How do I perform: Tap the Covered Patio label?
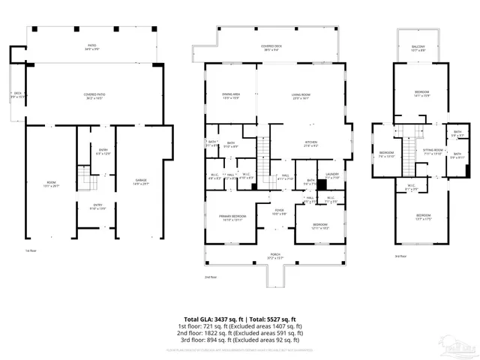click(94, 96)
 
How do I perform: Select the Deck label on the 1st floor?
click(16, 95)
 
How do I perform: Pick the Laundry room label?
click(332, 175)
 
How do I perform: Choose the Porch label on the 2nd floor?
click(275, 255)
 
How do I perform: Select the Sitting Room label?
click(433, 152)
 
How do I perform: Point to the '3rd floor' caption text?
click(400, 256)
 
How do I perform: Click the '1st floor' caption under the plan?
click(31, 250)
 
